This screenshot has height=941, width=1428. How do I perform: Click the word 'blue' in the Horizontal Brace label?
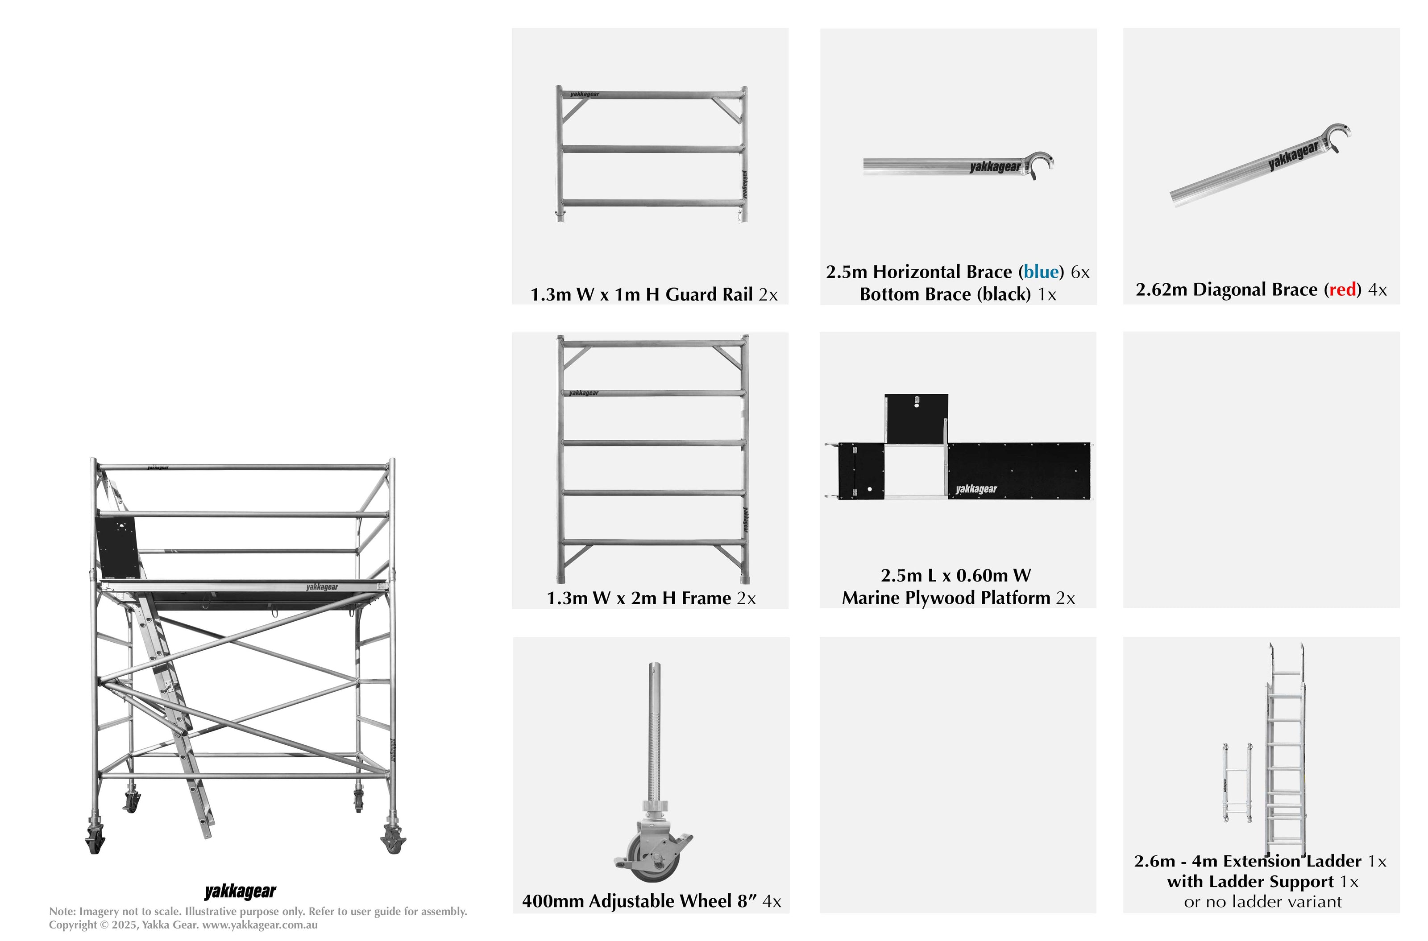[x=1041, y=272]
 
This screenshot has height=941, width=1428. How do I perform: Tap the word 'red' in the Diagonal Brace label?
[x=1343, y=290]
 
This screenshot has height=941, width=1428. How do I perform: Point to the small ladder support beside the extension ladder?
[x=1237, y=783]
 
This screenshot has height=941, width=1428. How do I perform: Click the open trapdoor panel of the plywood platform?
[x=916, y=418]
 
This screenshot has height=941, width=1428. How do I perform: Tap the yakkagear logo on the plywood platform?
[x=976, y=489]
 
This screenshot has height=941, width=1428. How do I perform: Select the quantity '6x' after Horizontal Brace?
[x=1080, y=272]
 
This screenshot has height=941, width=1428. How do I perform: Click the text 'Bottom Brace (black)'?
[x=945, y=295]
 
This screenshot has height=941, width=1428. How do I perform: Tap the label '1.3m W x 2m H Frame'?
[x=638, y=598]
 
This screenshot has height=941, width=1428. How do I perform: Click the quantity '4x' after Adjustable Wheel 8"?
[x=772, y=901]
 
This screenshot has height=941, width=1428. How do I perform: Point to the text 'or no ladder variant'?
[x=1262, y=902]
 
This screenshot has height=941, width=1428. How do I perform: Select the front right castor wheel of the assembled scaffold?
[x=393, y=840]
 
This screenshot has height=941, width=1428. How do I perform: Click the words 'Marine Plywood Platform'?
[x=946, y=598]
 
